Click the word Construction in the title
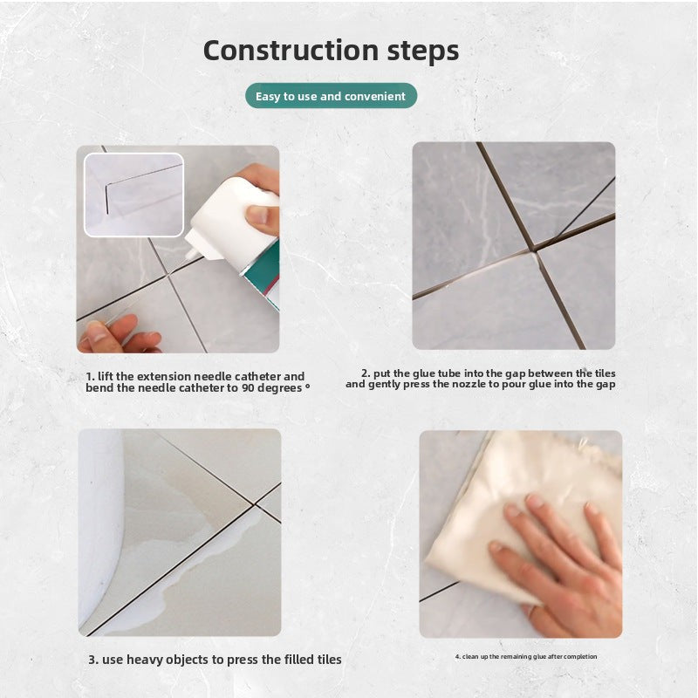[x=291, y=51]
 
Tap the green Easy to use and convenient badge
[x=332, y=96]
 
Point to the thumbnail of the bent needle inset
[x=133, y=195]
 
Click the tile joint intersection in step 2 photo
[x=533, y=250]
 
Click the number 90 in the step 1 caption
[x=248, y=387]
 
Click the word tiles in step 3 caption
[x=330, y=660]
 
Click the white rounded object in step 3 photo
[x=100, y=525]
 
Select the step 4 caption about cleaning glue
[x=526, y=657]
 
